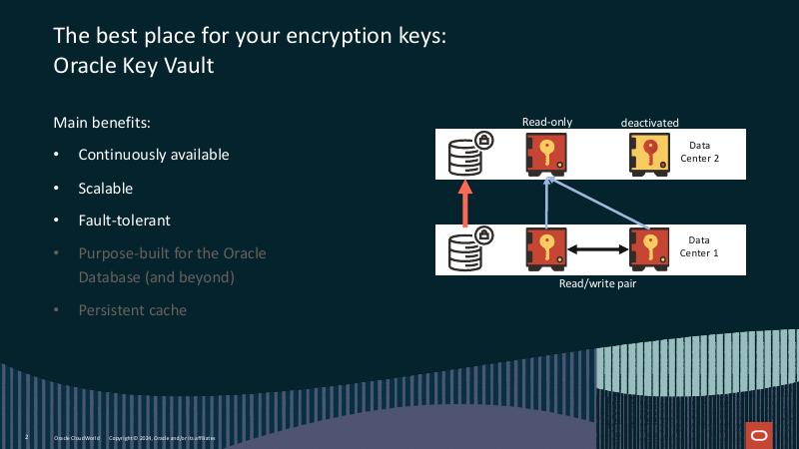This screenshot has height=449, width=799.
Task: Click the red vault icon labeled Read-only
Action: click(545, 154)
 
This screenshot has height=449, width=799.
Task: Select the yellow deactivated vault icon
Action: click(650, 154)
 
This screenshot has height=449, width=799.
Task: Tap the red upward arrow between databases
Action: click(463, 205)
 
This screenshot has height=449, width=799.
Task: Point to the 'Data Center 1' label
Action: click(698, 245)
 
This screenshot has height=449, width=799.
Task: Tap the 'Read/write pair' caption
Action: click(597, 283)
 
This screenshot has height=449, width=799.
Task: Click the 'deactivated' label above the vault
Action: click(649, 123)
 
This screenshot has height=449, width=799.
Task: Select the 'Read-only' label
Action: click(547, 122)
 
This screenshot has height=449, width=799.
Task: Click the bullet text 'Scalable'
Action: click(105, 188)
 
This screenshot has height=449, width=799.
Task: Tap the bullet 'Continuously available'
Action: click(153, 155)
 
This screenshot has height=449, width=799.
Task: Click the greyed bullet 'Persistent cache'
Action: click(132, 309)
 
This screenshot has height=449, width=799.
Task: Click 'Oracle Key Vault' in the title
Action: click(133, 66)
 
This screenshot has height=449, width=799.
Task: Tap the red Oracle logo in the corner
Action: click(758, 434)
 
